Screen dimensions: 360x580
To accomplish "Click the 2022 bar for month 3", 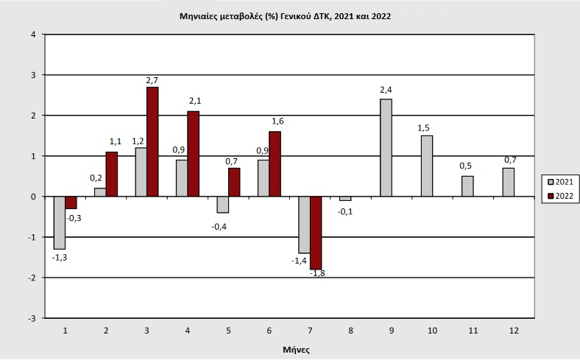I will (152, 141).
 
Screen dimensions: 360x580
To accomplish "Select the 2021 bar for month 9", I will (386, 147).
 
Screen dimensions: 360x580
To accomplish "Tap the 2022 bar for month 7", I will (316, 233).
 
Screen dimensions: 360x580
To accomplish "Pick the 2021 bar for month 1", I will (60, 222).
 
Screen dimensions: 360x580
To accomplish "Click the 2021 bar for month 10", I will (427, 166).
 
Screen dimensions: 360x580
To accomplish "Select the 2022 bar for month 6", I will (275, 163).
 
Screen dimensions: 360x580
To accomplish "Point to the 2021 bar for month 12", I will (508, 182).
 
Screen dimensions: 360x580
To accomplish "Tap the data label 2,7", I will (152, 79).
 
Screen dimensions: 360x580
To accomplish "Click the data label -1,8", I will (317, 274).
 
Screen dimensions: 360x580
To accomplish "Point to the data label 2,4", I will (386, 91).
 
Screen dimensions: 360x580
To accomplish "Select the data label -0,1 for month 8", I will (345, 211).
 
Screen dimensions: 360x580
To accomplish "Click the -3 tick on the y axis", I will (31, 318).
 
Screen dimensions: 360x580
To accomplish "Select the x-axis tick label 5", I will (228, 331).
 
